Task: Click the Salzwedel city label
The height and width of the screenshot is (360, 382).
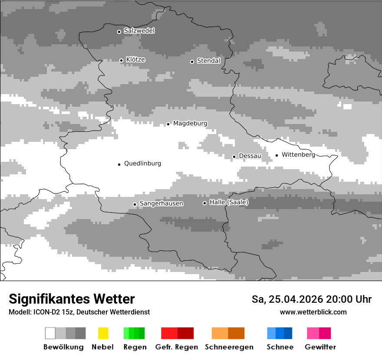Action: (x=139, y=31)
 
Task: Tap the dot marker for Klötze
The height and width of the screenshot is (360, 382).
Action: (x=121, y=60)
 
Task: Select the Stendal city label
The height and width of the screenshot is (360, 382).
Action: (x=208, y=61)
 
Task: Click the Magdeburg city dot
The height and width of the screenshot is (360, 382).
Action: (x=168, y=124)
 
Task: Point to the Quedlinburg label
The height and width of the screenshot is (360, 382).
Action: (x=142, y=164)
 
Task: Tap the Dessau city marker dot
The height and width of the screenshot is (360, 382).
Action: (x=234, y=157)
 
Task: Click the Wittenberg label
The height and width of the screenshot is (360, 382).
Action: (x=298, y=155)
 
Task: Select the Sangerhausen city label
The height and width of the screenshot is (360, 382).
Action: (x=161, y=203)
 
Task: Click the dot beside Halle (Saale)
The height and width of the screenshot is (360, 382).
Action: (x=204, y=203)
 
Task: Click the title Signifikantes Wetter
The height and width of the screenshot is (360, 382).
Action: (x=72, y=299)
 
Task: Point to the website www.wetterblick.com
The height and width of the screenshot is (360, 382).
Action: (x=313, y=312)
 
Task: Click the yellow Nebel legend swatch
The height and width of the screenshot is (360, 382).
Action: (x=103, y=333)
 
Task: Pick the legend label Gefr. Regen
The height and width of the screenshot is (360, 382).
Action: (x=177, y=347)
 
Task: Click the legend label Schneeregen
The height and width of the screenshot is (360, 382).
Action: (x=229, y=347)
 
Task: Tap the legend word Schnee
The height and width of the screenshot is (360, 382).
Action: (x=280, y=347)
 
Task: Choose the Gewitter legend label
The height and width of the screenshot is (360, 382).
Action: (x=320, y=347)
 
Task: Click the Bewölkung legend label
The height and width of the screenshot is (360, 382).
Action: (x=63, y=347)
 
